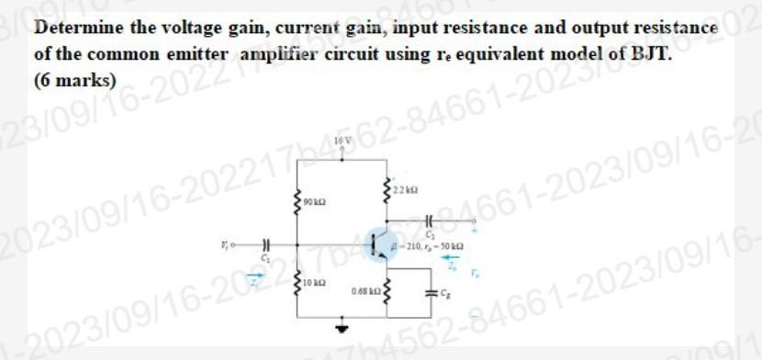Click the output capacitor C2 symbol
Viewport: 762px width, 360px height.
pyautogui.click(x=429, y=221)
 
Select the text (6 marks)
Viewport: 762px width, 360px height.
pyautogui.click(x=74, y=79)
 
